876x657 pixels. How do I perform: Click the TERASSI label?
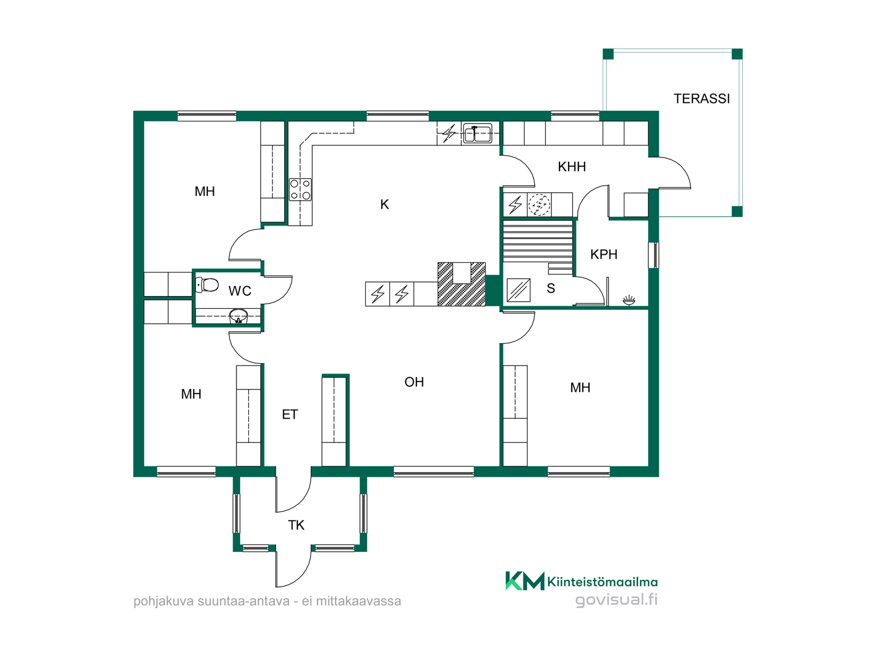click(x=702, y=99)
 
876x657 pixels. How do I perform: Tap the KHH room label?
click(x=572, y=167)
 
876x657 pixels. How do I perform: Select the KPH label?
click(x=604, y=254)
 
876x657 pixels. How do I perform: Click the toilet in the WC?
click(x=207, y=285)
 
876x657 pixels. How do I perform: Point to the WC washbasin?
click(x=238, y=316)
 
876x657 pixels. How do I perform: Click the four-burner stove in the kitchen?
click(x=300, y=190)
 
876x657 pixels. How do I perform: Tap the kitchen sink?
click(x=477, y=133)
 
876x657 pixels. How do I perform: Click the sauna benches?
click(x=537, y=247)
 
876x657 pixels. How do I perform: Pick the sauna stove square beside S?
click(x=519, y=290)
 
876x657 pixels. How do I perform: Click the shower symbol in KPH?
click(x=629, y=300)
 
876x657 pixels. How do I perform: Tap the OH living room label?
click(x=414, y=382)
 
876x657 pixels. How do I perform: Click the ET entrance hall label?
click(x=290, y=414)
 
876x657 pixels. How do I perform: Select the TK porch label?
click(x=296, y=525)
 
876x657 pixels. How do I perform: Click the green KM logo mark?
click(x=525, y=581)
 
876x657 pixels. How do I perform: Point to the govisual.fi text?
click(x=616, y=600)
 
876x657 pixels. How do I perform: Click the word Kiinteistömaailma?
click(x=602, y=582)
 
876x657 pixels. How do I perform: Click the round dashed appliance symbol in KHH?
click(x=539, y=204)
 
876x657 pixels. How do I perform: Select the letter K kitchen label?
click(x=385, y=204)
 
